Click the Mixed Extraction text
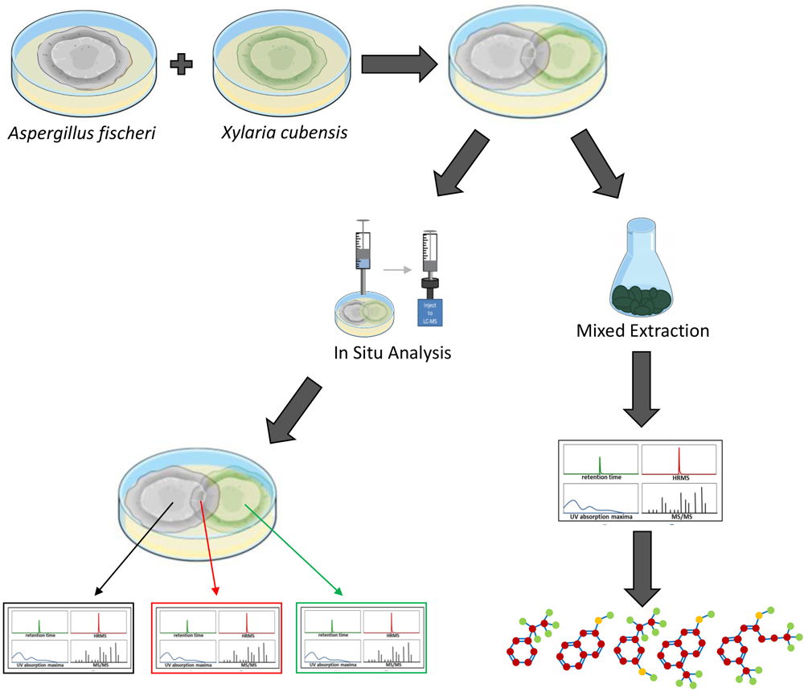(642, 329)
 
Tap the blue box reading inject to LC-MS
(429, 310)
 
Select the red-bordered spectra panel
(215, 637)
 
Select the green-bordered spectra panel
(362, 637)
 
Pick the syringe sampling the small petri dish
(363, 257)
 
